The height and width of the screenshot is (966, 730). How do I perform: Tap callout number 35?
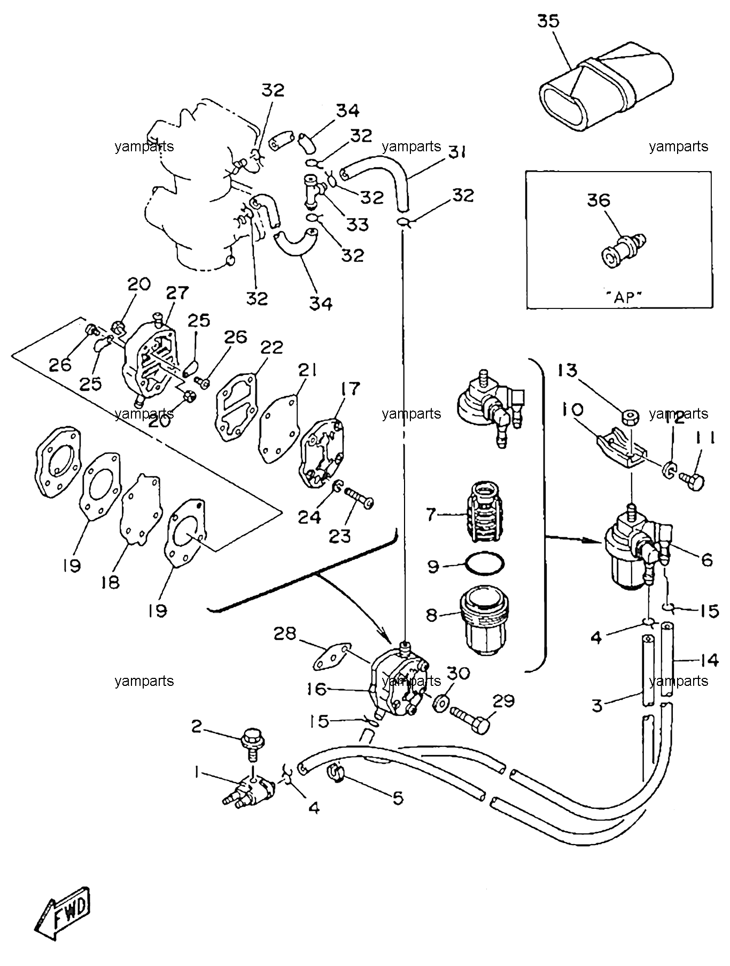point(548,21)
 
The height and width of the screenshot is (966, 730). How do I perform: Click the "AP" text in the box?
point(624,298)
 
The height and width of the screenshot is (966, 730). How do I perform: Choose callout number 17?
point(351,390)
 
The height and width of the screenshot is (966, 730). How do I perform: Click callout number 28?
point(285,634)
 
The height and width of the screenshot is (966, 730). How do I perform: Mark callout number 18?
point(111,582)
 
